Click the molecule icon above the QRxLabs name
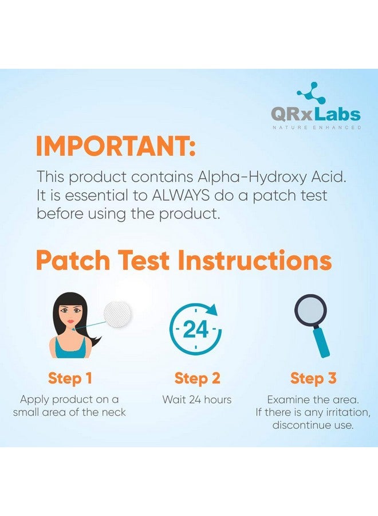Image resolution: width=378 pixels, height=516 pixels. tap(311, 92)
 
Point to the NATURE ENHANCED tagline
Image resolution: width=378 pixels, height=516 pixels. tap(316, 127)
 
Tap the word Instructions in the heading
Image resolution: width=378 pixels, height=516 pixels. tap(255, 260)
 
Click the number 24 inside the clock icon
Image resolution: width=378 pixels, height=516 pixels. tap(195, 330)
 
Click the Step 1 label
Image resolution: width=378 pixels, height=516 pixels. tap(70, 378)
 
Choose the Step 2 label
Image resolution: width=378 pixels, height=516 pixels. tap(197, 378)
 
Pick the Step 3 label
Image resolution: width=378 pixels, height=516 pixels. tap(313, 378)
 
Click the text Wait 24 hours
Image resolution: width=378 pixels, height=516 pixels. tap(197, 400)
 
